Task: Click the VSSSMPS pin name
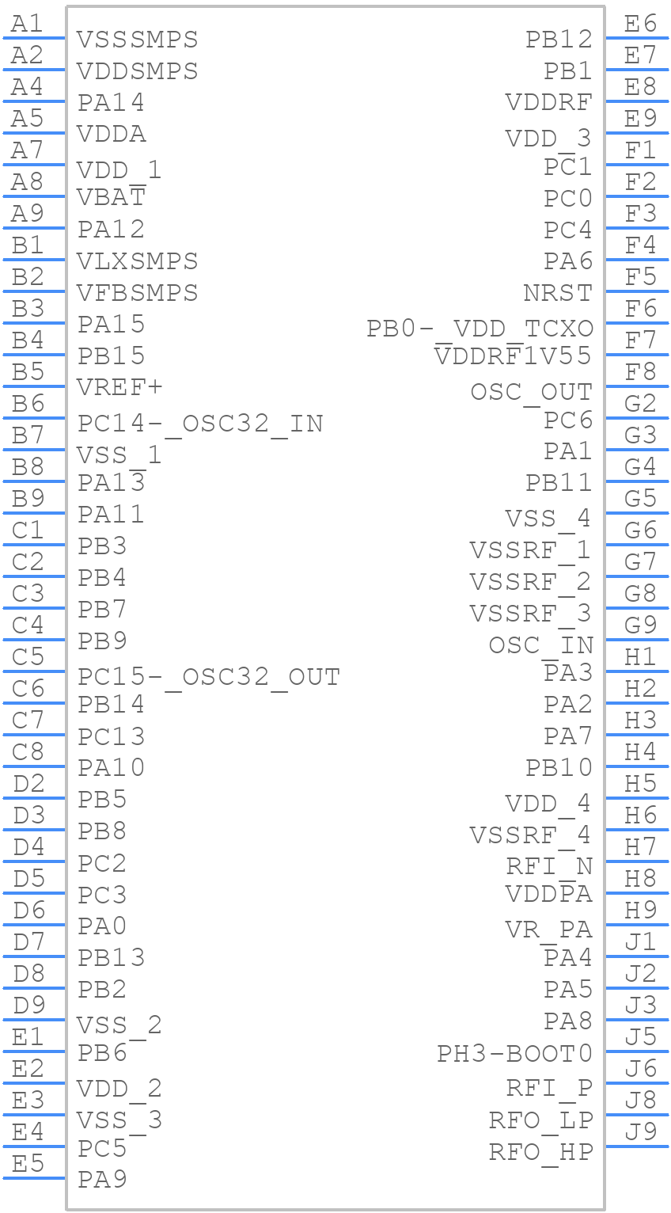click(x=138, y=39)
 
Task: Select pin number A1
click(x=28, y=24)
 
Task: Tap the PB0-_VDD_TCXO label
click(x=480, y=328)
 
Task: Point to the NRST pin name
click(x=557, y=293)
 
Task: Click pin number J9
click(x=640, y=1132)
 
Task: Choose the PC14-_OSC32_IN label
click(x=200, y=424)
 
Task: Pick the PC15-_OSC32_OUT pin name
click(x=209, y=677)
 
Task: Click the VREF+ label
click(x=119, y=387)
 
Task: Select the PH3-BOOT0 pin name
click(x=514, y=1054)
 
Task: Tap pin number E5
click(x=28, y=1164)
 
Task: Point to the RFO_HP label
click(x=540, y=1151)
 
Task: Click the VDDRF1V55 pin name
click(x=513, y=356)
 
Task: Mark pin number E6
click(x=640, y=24)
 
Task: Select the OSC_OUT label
click(x=531, y=392)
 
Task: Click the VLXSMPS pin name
click(x=138, y=260)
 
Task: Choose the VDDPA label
click(x=548, y=894)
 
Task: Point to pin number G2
click(x=640, y=404)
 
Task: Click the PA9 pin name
click(x=102, y=1179)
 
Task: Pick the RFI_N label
click(x=549, y=866)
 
